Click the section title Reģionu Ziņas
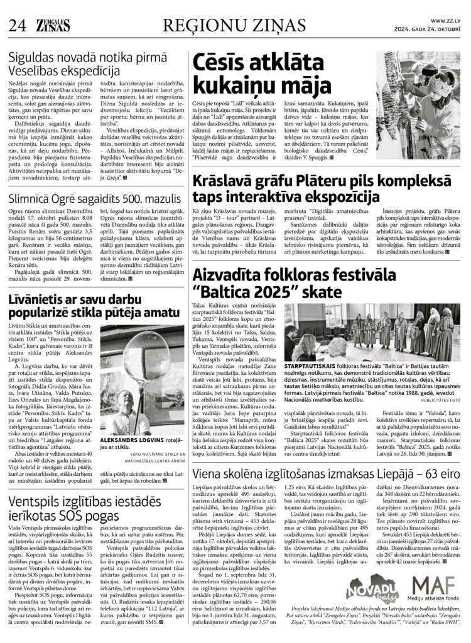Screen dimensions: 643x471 coord(235,25)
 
